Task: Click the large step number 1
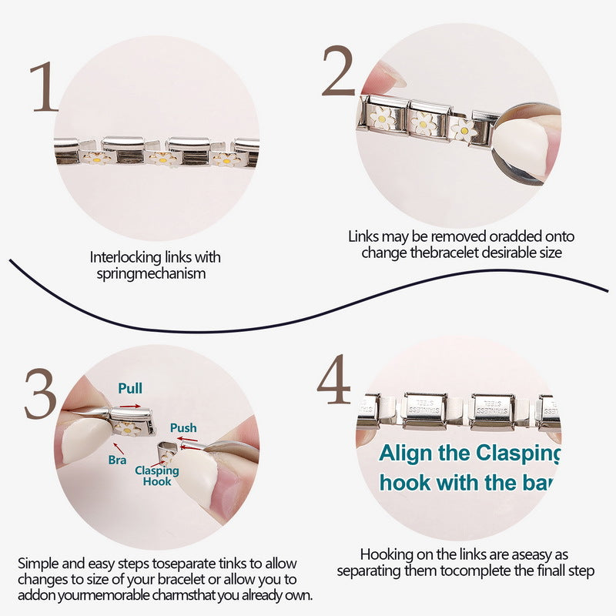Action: click(x=43, y=86)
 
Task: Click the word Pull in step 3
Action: click(x=129, y=387)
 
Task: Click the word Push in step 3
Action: click(x=183, y=428)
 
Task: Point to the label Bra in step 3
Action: click(x=117, y=459)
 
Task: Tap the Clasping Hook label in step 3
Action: click(x=157, y=476)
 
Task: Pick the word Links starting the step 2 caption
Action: click(x=363, y=236)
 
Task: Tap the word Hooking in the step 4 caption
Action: click(x=384, y=554)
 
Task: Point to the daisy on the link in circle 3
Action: click(x=128, y=426)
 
